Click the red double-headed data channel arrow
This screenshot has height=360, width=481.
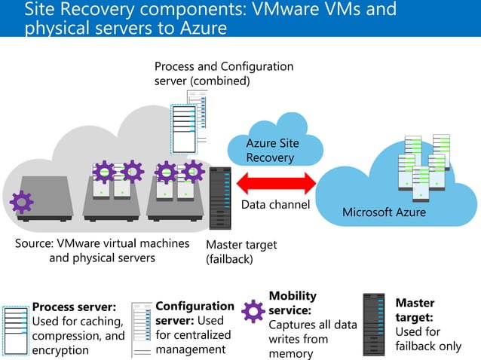click(x=277, y=183)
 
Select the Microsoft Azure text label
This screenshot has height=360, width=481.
click(x=384, y=212)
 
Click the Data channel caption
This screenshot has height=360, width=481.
click(x=275, y=204)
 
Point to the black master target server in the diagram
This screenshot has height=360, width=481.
click(x=220, y=198)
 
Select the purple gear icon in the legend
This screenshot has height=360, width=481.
click(x=253, y=311)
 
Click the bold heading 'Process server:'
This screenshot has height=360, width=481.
click(x=74, y=307)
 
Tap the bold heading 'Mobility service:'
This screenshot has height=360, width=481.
click(x=293, y=303)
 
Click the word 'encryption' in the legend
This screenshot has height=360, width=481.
click(x=60, y=350)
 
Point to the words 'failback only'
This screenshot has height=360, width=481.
click(x=427, y=346)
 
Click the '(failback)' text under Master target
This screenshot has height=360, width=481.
click(x=230, y=259)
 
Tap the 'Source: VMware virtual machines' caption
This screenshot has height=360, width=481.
click(x=102, y=244)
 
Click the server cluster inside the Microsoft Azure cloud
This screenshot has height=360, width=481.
click(x=424, y=167)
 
